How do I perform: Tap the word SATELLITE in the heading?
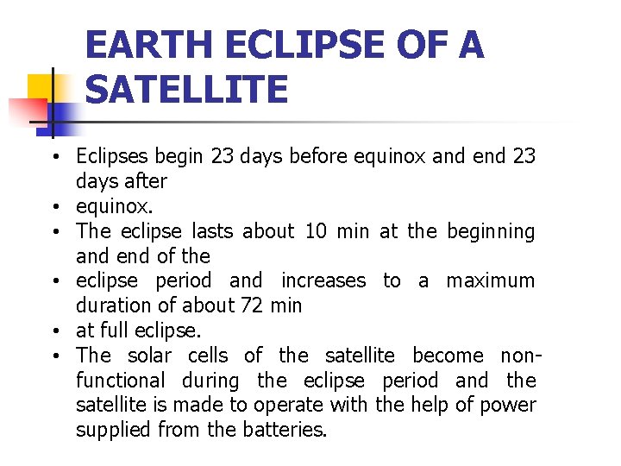[x=186, y=90]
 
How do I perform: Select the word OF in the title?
[x=418, y=45]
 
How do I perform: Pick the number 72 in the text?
[x=252, y=305]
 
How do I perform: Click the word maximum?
[x=490, y=280]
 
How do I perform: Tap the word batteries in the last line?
[x=285, y=430]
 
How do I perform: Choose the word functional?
[x=120, y=381]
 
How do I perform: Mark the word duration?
[x=111, y=305]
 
